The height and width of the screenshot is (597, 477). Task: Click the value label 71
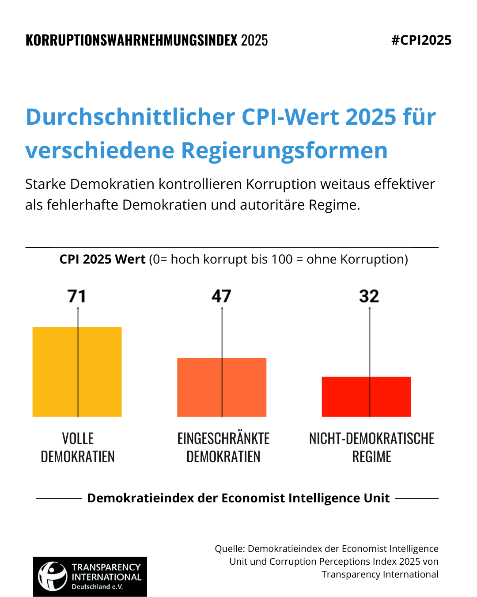(x=77, y=296)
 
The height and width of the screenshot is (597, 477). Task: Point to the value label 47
(x=221, y=296)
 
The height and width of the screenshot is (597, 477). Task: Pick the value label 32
(x=369, y=296)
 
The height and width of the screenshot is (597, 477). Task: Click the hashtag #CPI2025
(x=421, y=40)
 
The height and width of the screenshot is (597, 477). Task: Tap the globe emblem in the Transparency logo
(x=53, y=576)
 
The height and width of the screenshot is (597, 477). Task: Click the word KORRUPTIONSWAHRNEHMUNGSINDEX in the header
(x=131, y=40)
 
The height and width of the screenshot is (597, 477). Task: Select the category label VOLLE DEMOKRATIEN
(x=78, y=448)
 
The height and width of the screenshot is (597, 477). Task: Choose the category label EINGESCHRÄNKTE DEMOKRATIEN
(x=223, y=448)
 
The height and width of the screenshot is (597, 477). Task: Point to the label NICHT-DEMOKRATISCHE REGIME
(x=372, y=448)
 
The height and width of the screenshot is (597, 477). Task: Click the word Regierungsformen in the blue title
(x=284, y=151)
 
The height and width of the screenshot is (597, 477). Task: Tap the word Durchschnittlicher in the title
(x=130, y=117)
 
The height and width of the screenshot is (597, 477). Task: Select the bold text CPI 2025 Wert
(x=102, y=259)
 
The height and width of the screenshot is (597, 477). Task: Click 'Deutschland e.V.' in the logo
(x=97, y=586)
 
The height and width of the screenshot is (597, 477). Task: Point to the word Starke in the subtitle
(x=45, y=184)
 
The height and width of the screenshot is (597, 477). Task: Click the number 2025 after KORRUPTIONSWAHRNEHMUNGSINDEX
(x=254, y=40)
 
